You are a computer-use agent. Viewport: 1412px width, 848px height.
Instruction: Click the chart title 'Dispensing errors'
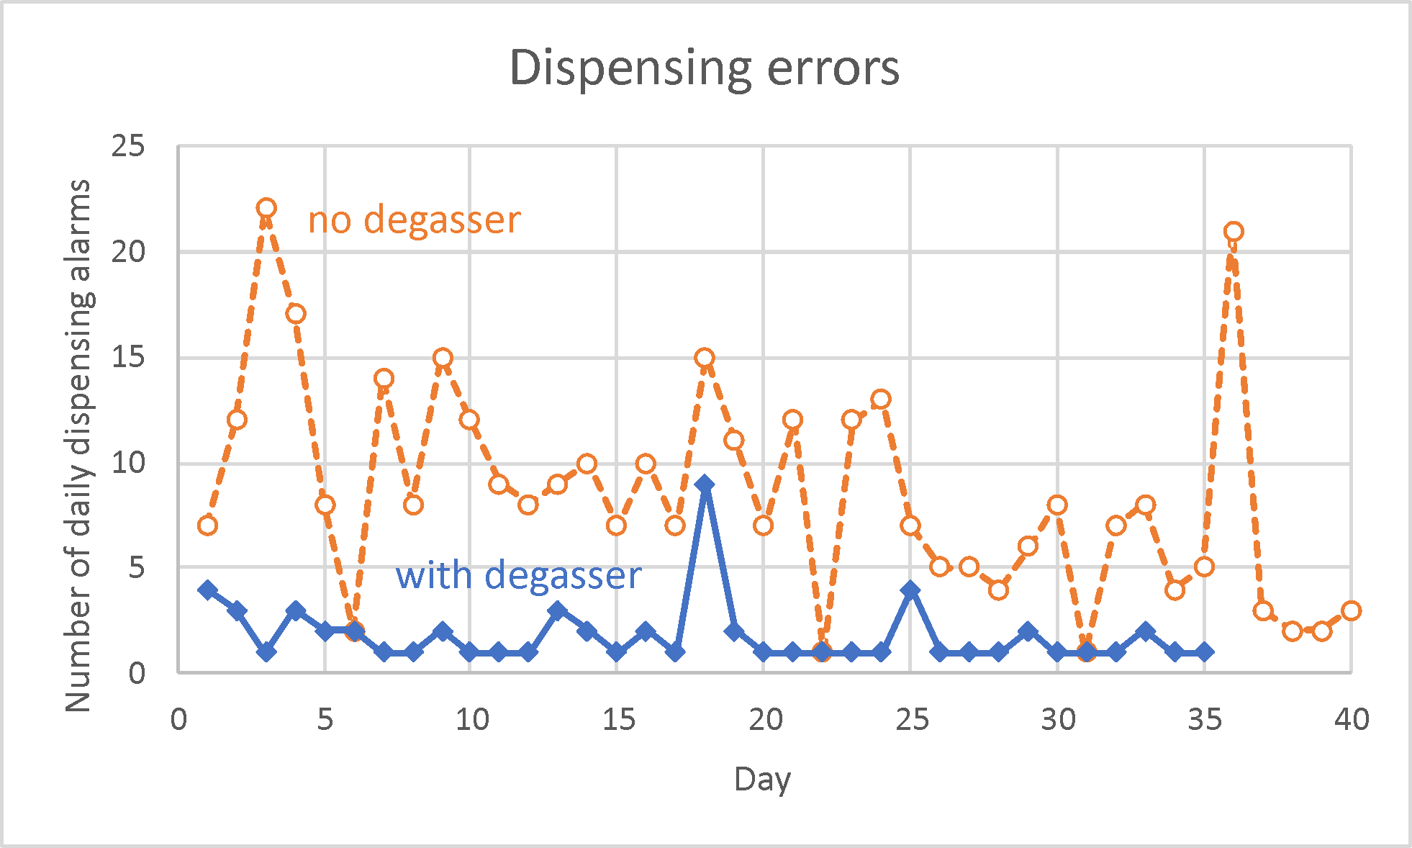(x=705, y=68)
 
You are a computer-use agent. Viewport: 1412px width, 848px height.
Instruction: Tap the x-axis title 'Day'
(x=762, y=780)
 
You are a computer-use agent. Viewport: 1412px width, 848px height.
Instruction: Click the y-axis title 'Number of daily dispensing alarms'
(x=78, y=446)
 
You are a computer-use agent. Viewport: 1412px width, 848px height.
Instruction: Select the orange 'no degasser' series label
(x=414, y=220)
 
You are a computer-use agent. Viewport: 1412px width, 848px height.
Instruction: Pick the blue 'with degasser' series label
(x=518, y=576)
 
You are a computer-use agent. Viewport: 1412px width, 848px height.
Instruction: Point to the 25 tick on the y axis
(x=128, y=146)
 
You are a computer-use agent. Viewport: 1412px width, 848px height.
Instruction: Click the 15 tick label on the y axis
(x=128, y=357)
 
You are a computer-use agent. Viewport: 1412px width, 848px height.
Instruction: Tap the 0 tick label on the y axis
(x=137, y=674)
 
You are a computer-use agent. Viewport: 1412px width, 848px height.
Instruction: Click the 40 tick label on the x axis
(x=1351, y=719)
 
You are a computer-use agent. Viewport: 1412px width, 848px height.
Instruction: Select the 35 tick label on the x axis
(x=1204, y=719)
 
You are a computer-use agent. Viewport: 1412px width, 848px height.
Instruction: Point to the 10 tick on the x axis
(x=471, y=719)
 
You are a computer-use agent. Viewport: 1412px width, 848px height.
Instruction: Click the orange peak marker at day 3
(x=266, y=208)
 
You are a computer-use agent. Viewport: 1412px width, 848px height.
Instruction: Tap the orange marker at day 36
(x=1234, y=231)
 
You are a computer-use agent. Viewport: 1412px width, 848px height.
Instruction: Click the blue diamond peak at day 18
(x=705, y=484)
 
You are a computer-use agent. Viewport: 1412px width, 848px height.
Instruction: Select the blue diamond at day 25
(x=910, y=590)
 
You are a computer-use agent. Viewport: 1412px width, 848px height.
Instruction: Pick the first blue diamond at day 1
(x=208, y=590)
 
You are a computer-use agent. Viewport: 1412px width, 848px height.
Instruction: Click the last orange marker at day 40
(x=1351, y=610)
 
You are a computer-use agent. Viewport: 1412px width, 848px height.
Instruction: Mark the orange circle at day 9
(x=443, y=358)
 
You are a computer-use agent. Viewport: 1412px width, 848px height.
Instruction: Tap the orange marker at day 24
(x=881, y=399)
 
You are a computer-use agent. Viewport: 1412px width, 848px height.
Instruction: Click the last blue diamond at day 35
(x=1204, y=652)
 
